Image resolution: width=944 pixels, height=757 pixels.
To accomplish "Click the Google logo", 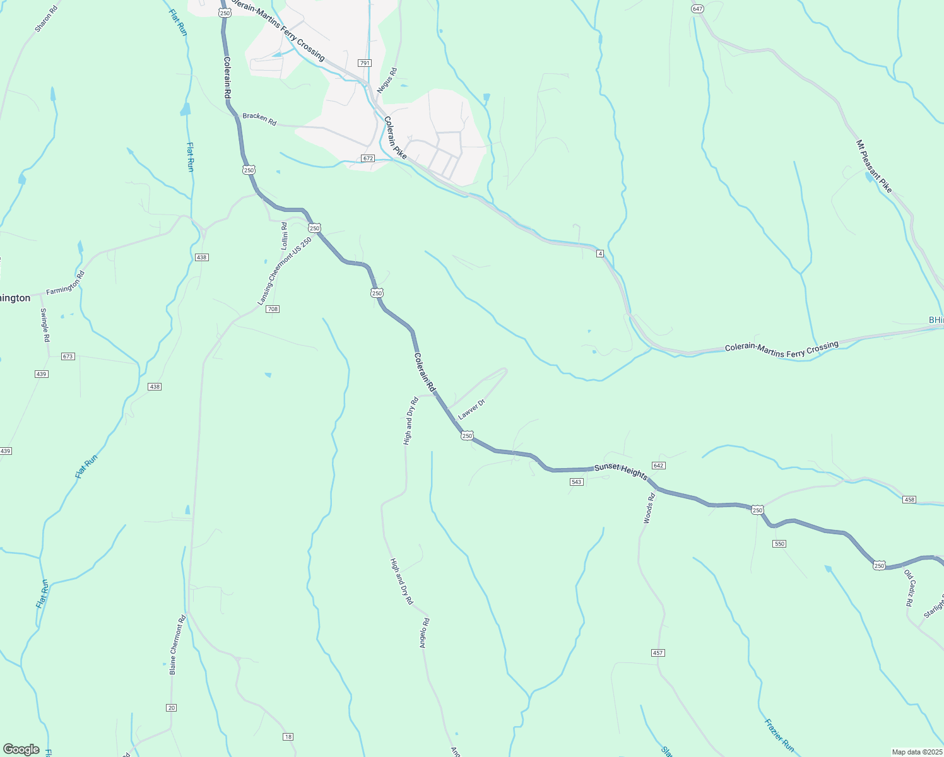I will (21, 749).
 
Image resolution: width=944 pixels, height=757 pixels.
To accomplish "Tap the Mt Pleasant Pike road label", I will (874, 167).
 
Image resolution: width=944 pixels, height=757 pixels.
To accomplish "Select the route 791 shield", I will (365, 63).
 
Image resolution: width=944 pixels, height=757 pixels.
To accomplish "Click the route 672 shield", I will (369, 158).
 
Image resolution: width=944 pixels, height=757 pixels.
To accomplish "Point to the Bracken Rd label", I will (259, 119).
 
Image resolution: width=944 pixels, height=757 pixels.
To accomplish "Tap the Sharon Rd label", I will (46, 19).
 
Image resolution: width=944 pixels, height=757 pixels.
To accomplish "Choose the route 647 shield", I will (697, 9).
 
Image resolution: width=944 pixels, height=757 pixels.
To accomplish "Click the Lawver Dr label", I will (471, 409).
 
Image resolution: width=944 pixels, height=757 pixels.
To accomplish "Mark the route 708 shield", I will (273, 309).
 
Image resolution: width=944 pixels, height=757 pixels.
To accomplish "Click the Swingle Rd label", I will (45, 325).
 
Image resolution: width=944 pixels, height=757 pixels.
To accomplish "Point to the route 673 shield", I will (68, 356).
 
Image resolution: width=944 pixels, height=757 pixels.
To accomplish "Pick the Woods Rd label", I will (649, 508).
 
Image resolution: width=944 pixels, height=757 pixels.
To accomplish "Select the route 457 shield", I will (658, 653).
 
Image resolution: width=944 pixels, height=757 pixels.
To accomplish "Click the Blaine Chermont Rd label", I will (177, 645).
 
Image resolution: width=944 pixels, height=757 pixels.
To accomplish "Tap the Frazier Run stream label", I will (779, 735).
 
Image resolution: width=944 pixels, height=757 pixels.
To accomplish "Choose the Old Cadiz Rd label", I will (909, 588).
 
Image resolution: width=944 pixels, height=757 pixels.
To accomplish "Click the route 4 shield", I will (601, 253).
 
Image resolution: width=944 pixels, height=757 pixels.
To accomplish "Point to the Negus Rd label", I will (387, 81).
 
